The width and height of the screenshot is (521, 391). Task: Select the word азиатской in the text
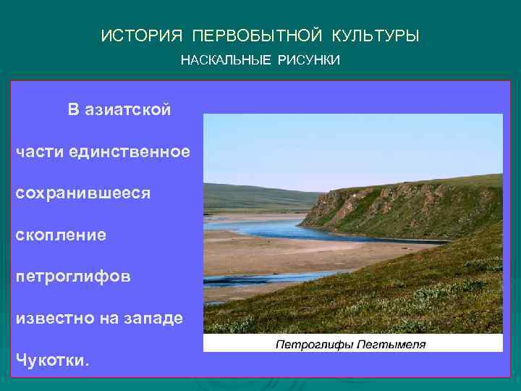click(x=128, y=110)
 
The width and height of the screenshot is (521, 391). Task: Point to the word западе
click(x=156, y=319)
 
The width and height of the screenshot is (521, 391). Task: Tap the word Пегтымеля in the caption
click(x=390, y=344)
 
